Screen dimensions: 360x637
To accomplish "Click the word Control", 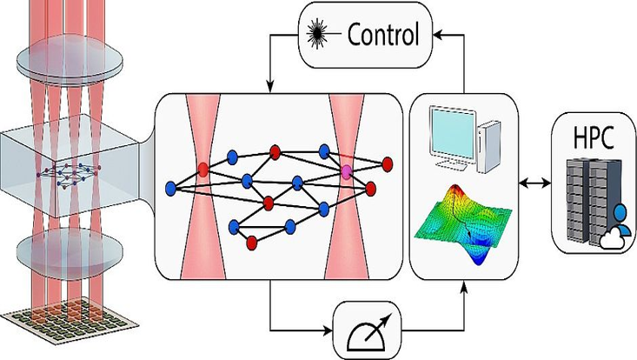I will point(384,35).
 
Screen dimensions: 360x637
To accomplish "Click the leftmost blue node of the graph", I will point(170,187).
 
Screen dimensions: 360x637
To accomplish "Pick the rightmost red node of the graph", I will point(387,163).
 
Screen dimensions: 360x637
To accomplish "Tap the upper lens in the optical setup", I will point(67,59).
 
